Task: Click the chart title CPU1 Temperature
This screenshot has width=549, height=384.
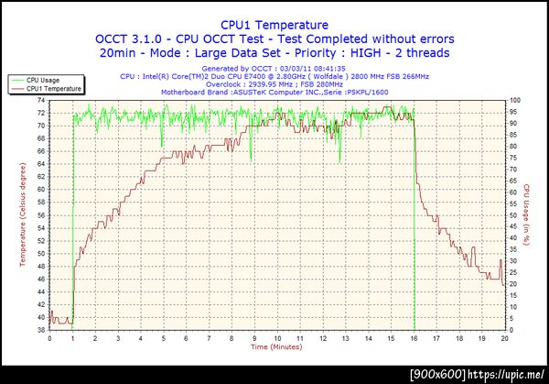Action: pos(274,25)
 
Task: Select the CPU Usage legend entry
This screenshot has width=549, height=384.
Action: pos(45,81)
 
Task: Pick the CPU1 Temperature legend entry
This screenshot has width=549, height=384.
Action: pos(54,89)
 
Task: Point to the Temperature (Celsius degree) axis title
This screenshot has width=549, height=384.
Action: pos(22,214)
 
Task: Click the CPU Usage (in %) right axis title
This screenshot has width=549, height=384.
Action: pos(529,214)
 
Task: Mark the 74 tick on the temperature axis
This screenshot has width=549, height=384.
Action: pos(41,100)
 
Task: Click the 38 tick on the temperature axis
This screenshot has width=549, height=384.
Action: pos(41,329)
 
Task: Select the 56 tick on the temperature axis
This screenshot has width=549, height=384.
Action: pos(41,214)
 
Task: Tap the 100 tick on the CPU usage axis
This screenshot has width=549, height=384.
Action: pos(516,100)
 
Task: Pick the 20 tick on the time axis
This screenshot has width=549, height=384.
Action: pos(505,337)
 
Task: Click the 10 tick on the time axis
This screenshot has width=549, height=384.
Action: pos(277,337)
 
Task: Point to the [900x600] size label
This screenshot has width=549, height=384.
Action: pos(437,375)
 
